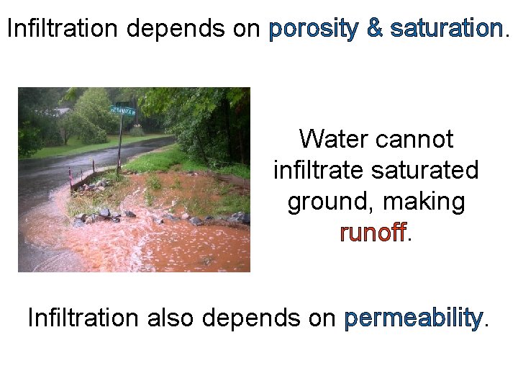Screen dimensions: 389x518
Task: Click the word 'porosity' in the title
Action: click(x=313, y=29)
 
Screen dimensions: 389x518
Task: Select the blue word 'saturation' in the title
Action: click(x=446, y=29)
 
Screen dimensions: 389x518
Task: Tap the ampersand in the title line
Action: click(x=375, y=29)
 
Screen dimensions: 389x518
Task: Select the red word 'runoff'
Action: click(x=373, y=233)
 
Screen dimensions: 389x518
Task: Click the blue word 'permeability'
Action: click(x=413, y=318)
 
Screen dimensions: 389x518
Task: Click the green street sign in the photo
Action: click(x=123, y=110)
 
